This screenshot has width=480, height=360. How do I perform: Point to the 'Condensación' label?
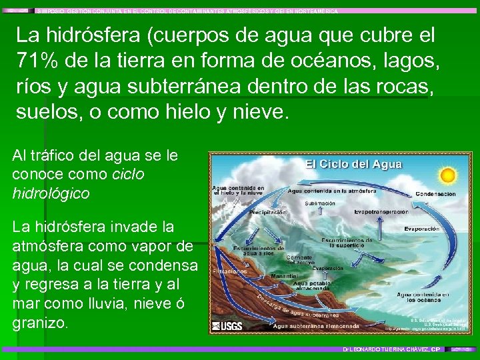click(x=436, y=194)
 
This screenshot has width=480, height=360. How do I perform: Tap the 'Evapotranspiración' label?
click(x=381, y=212)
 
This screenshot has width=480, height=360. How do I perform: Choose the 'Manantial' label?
click(x=285, y=275)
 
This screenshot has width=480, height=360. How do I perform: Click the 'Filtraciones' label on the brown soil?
click(x=230, y=271)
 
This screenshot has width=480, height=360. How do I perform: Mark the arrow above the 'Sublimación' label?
click(x=321, y=198)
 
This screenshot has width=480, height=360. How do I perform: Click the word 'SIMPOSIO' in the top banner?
click(x=55, y=11)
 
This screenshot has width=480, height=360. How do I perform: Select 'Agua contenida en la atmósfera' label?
click(x=326, y=191)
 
